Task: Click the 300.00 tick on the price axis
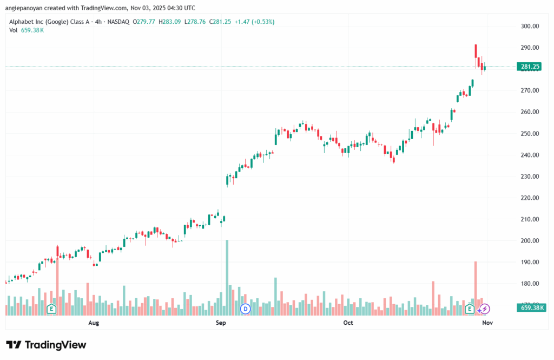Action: click(x=530, y=26)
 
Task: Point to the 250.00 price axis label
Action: click(x=530, y=134)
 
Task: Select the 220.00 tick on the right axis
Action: click(x=530, y=198)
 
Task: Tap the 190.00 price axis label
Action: click(x=530, y=263)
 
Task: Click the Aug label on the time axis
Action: click(x=94, y=323)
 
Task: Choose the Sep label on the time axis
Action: click(x=221, y=323)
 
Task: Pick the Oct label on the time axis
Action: click(x=348, y=323)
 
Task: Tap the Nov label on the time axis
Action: click(x=487, y=323)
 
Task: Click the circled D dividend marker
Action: click(x=246, y=309)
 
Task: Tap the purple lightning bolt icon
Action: click(x=485, y=309)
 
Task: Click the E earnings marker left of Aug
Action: click(x=52, y=309)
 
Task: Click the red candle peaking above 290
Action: click(x=476, y=51)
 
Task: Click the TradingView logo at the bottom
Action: click(x=46, y=345)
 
